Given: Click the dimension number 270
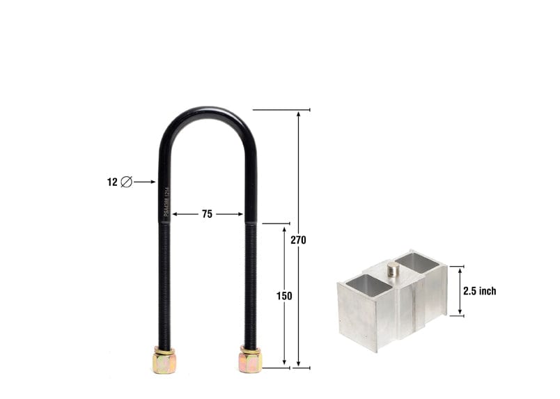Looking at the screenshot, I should [x=298, y=240].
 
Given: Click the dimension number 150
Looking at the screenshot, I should [x=284, y=296].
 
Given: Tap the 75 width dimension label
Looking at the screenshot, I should [x=207, y=214].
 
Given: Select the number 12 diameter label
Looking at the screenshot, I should [x=112, y=182].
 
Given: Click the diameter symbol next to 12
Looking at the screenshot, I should [x=126, y=182].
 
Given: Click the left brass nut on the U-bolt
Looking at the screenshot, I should [x=164, y=361].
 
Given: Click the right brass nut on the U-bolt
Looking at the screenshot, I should [x=250, y=360].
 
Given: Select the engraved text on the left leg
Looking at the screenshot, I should [x=166, y=202].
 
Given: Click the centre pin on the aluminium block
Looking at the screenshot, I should [x=394, y=269].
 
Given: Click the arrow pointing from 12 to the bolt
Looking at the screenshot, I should [x=144, y=182].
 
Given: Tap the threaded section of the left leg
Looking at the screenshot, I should [x=164, y=285].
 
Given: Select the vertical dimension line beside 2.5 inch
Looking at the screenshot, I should [x=460, y=291].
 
